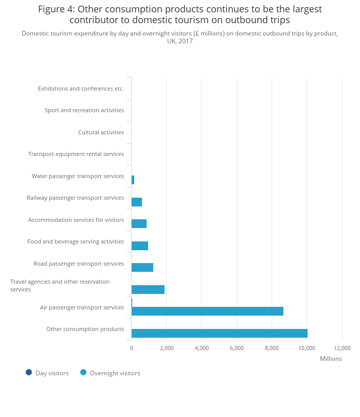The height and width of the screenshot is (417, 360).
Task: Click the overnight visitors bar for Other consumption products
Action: point(219,333)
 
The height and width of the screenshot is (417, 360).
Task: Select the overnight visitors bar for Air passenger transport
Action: point(207,311)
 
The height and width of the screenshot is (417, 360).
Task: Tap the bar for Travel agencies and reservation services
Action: point(148,289)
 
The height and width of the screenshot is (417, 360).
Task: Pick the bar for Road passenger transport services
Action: point(142,267)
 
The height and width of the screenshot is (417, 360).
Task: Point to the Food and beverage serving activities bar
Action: point(140,246)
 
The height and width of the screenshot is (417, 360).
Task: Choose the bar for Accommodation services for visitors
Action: point(139,223)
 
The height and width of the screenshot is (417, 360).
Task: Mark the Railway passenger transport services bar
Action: point(137,202)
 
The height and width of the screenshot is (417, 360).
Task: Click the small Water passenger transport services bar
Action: point(133,180)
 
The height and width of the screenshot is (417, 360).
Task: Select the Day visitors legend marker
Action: point(29,372)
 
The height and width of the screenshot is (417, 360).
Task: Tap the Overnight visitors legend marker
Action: point(83,372)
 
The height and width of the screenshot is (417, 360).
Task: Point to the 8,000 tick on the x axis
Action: point(272,348)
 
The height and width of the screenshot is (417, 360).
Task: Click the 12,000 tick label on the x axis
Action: point(342,348)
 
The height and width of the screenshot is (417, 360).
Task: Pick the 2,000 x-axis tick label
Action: point(166,348)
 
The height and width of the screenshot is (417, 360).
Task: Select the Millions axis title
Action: point(331,359)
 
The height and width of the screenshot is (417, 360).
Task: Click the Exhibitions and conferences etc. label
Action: point(81,89)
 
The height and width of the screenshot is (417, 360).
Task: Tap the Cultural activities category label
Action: point(101,132)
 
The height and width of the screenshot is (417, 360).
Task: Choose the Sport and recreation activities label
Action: point(84,110)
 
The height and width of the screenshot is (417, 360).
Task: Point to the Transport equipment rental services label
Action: point(76,154)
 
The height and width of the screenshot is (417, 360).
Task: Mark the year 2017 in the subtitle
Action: point(186,41)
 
